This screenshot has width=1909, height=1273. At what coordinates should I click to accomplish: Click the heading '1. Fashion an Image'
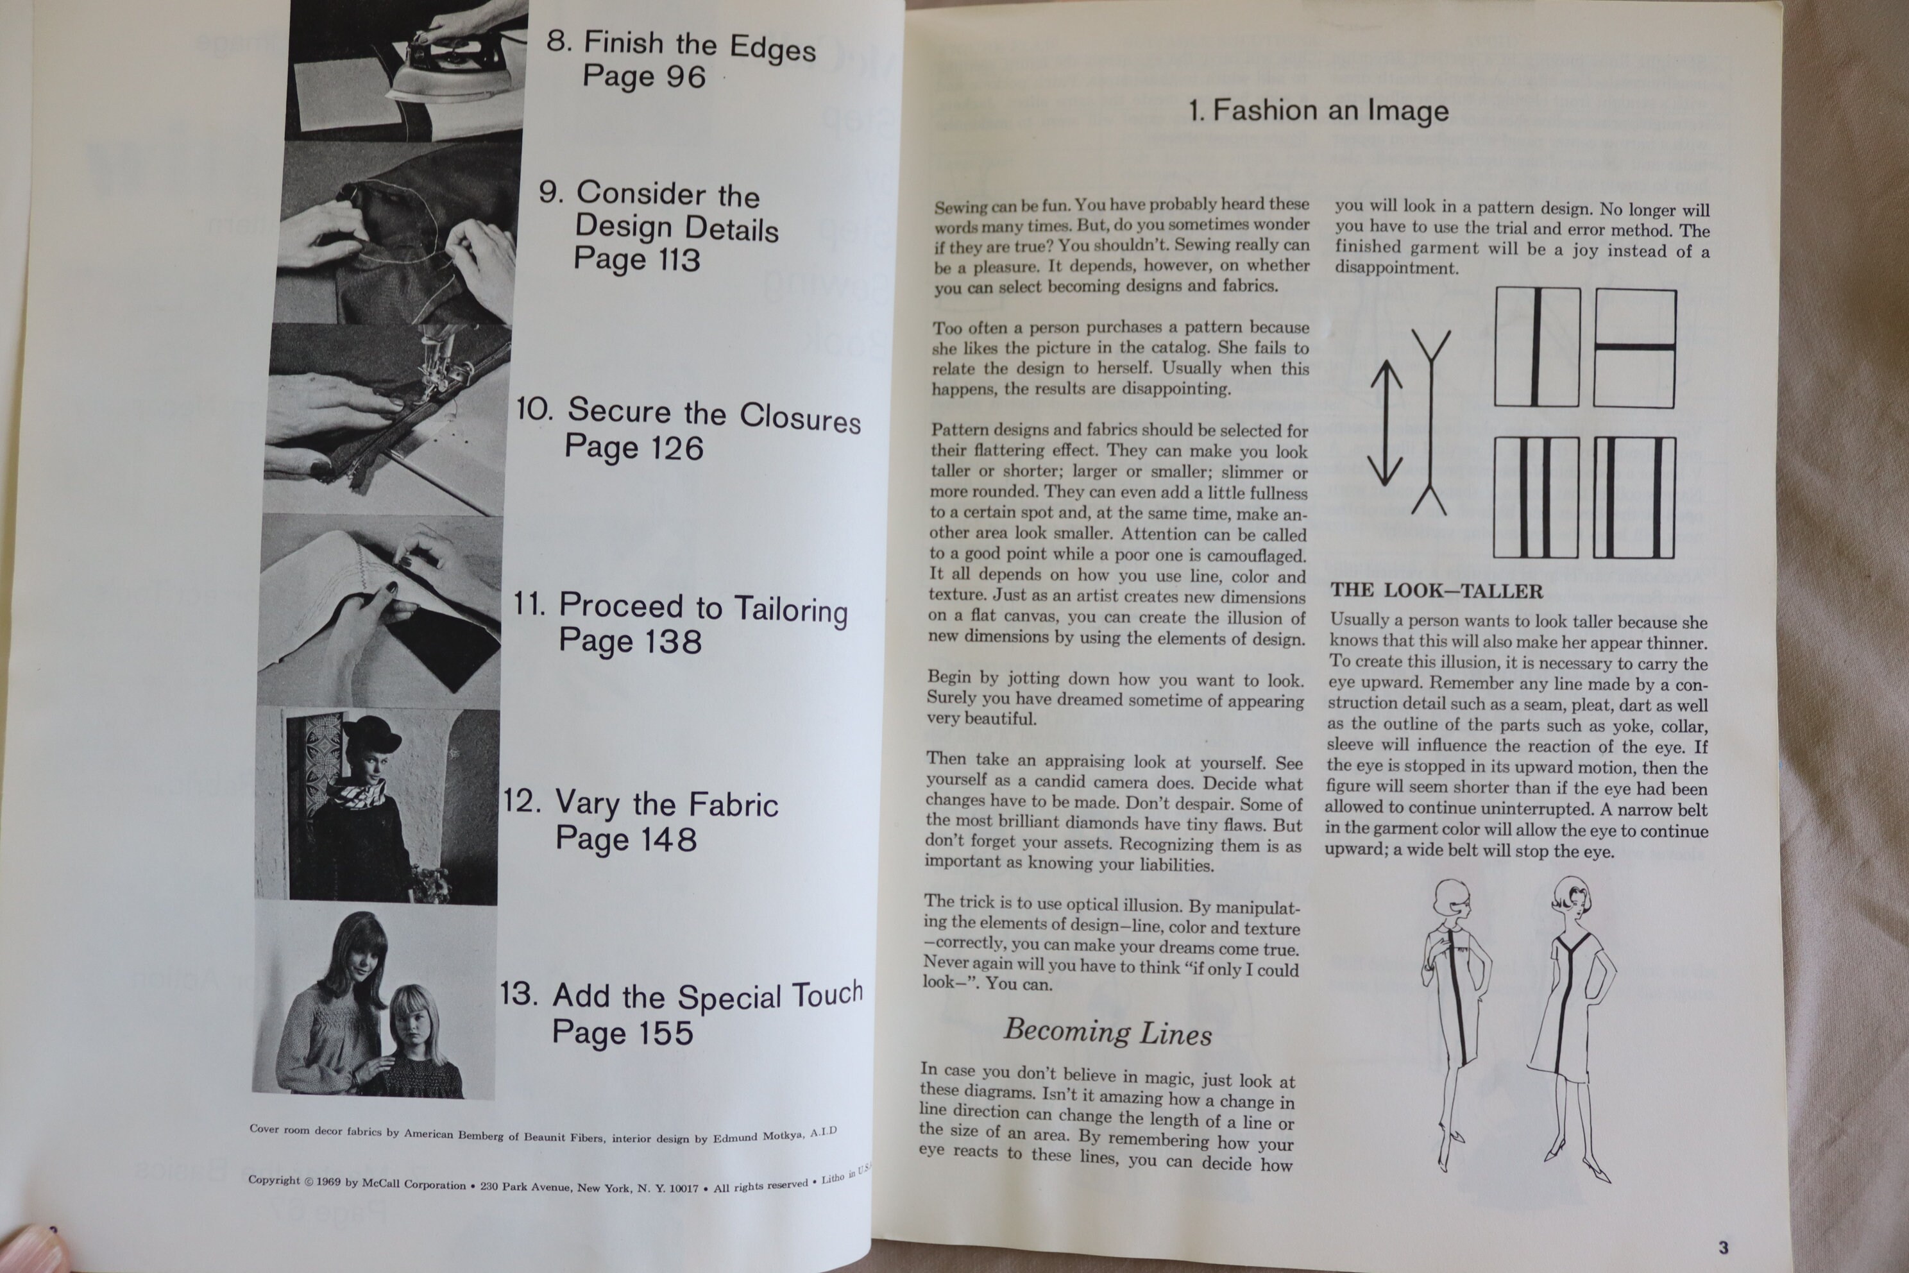(x=1318, y=110)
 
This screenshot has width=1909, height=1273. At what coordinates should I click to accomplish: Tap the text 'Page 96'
(x=643, y=76)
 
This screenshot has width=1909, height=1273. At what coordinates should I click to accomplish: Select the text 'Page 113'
(x=636, y=259)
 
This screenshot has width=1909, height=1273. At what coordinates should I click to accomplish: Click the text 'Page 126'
(x=633, y=447)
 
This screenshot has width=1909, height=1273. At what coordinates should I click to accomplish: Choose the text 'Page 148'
(x=626, y=838)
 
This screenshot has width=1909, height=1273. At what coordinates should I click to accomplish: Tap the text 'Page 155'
(x=622, y=1032)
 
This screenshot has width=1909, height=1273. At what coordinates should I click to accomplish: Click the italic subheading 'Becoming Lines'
(x=1108, y=1032)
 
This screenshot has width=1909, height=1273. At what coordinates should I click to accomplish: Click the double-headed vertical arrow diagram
(x=1386, y=423)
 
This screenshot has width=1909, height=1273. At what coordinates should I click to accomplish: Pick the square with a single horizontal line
(x=1634, y=348)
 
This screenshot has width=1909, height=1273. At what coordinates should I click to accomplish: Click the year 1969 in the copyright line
(x=328, y=1181)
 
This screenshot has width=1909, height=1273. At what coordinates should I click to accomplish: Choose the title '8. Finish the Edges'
(x=681, y=45)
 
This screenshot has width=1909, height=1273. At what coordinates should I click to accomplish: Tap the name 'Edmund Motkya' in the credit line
(x=758, y=1136)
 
